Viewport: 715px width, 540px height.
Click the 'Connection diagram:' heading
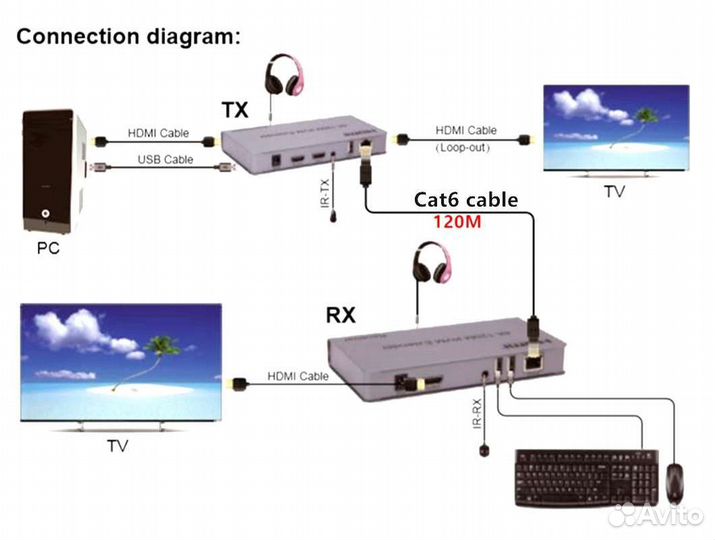[x=128, y=37]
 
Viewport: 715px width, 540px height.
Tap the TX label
[x=235, y=108]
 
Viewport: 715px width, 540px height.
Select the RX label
[x=341, y=316]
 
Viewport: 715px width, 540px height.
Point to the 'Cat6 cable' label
[x=466, y=200]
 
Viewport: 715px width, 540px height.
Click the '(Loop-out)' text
[x=466, y=148]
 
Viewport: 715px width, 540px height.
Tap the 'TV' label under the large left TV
[x=117, y=446]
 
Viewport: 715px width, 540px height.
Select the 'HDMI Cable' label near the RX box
[x=298, y=377]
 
